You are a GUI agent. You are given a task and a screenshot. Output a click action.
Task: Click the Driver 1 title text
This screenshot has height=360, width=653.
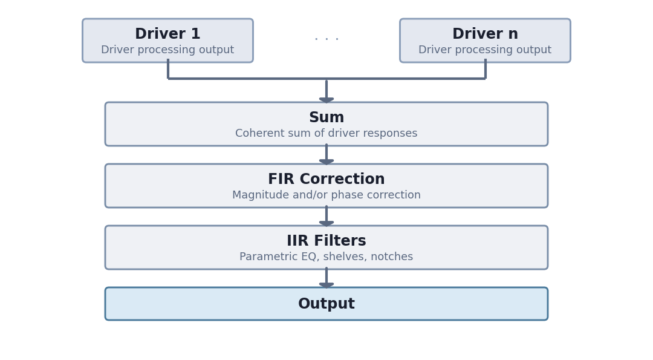[x=167, y=34]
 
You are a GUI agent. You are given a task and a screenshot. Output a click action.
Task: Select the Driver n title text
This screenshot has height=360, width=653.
[x=485, y=34]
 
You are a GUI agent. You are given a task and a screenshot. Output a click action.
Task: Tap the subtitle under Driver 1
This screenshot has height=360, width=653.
[x=167, y=50]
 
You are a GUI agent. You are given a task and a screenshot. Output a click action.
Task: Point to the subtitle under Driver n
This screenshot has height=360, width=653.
[x=485, y=50]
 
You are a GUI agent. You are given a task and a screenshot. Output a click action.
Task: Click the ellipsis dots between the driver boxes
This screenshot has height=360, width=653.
[x=326, y=39]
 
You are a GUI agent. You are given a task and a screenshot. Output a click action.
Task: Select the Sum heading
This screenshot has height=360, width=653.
[x=326, y=118]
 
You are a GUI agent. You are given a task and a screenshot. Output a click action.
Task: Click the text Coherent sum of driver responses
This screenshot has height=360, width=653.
[x=326, y=134]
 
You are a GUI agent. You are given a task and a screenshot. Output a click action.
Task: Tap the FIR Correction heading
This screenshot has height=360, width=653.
[x=326, y=180]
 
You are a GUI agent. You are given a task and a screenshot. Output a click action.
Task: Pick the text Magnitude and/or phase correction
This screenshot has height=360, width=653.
[x=326, y=195]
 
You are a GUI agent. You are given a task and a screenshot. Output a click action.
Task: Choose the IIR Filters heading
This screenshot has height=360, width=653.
[x=326, y=241]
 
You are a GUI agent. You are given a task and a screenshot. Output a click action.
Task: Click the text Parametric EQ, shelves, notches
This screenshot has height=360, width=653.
[x=326, y=257]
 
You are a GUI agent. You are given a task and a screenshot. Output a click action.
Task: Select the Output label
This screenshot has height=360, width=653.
[x=326, y=304]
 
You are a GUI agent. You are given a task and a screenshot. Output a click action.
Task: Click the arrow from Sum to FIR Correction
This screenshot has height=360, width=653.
[x=326, y=154]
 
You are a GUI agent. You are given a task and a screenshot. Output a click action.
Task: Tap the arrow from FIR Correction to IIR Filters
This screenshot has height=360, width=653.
[x=326, y=216]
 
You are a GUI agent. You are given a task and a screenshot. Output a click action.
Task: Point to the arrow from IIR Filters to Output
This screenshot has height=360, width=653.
[x=326, y=278]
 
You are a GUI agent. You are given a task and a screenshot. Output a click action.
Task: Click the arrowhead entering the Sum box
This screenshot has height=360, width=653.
[x=326, y=99]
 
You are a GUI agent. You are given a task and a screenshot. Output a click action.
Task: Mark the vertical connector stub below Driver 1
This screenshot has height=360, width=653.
[x=168, y=69]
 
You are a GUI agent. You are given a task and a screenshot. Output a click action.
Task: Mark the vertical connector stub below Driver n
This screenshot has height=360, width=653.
[x=485, y=69]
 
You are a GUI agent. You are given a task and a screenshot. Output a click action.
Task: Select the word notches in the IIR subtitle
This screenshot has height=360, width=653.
[x=394, y=257]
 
